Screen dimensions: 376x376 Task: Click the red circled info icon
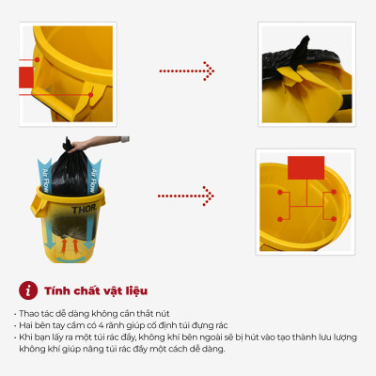28,290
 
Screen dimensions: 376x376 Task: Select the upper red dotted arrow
186,70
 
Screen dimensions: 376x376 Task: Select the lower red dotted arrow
186,196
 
